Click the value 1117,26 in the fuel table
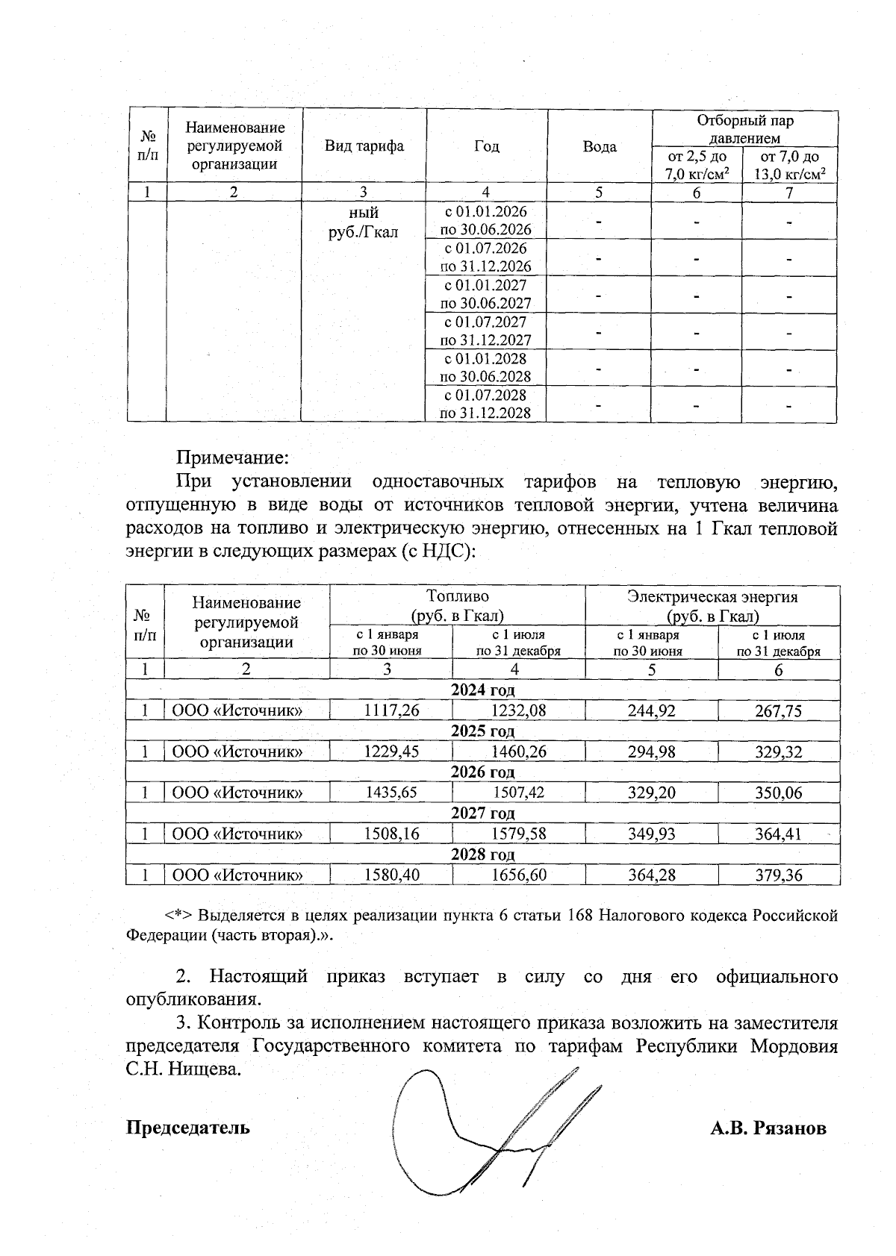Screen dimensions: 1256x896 click(391, 711)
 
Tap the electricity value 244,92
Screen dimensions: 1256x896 click(651, 711)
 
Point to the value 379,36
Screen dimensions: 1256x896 click(778, 875)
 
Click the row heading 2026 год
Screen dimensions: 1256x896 click(482, 772)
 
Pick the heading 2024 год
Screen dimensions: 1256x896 click(482, 690)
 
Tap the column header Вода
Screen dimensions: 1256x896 click(600, 146)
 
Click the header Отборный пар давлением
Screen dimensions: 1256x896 click(744, 129)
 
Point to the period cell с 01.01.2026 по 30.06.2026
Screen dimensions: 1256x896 click(485, 221)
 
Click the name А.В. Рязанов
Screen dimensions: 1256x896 click(768, 1128)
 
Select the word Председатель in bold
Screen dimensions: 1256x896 click(187, 1127)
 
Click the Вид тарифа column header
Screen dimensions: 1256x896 click(364, 146)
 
